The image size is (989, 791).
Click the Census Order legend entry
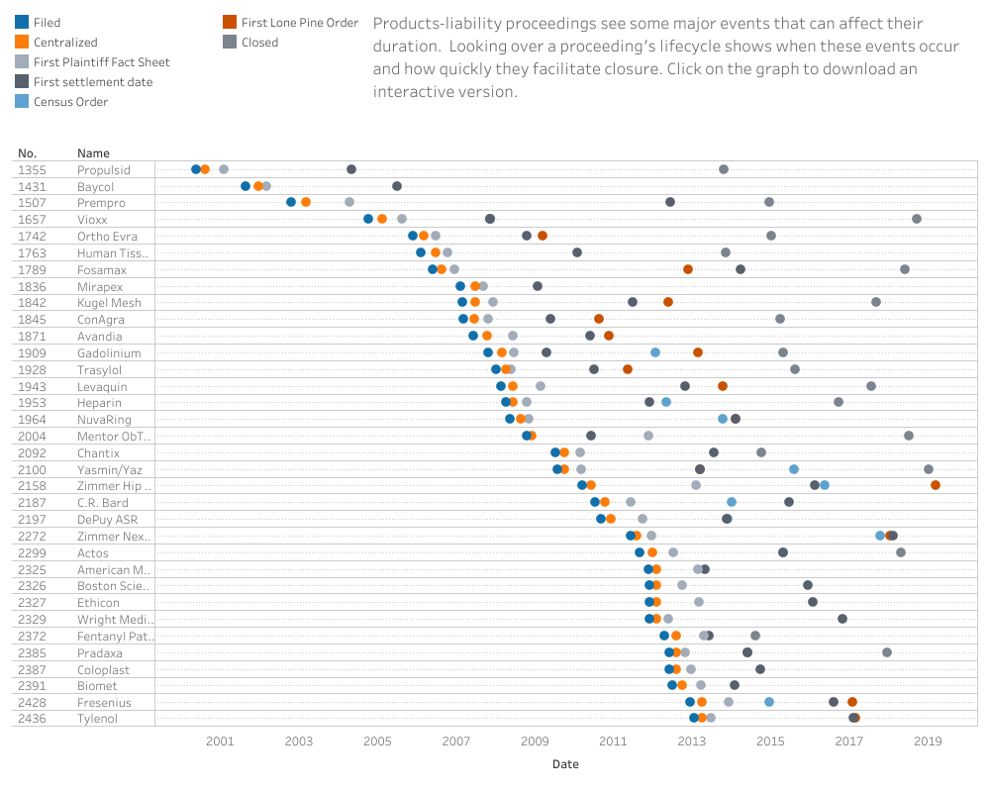pyautogui.click(x=70, y=102)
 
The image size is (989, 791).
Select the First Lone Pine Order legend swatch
pyautogui.click(x=230, y=22)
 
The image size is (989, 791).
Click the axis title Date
pyautogui.click(x=565, y=764)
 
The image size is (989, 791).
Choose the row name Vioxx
pyautogui.click(x=92, y=220)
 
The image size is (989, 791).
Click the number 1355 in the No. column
pyautogui.click(x=32, y=170)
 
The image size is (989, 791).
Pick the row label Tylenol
pyautogui.click(x=97, y=719)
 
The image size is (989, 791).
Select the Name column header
pyautogui.click(x=93, y=153)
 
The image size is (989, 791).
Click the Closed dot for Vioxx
pyautogui.click(x=917, y=219)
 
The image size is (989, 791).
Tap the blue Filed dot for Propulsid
pyautogui.click(x=196, y=169)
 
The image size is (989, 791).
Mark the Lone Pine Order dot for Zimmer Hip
pyautogui.click(x=936, y=485)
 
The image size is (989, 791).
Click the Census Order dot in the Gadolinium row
pyautogui.click(x=655, y=352)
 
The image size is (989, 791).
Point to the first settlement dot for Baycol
pyautogui.click(x=397, y=186)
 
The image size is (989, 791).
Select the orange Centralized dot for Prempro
pyautogui.click(x=306, y=202)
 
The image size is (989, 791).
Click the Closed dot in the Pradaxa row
pyautogui.click(x=887, y=652)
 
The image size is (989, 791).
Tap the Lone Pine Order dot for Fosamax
pyautogui.click(x=688, y=269)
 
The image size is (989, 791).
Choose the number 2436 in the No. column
pyautogui.click(x=32, y=719)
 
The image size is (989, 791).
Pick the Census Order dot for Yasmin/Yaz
pyautogui.click(x=794, y=469)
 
